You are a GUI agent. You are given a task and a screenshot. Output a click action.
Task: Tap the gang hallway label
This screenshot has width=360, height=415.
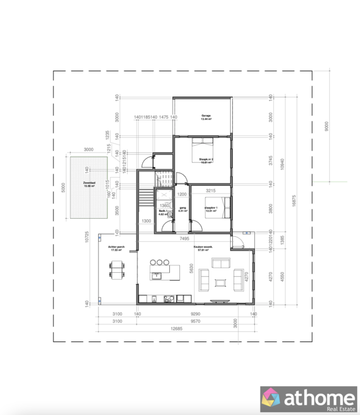pyautogui.click(x=182, y=209)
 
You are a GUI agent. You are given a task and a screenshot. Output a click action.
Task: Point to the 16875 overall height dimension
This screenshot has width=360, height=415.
pyautogui.click(x=293, y=204)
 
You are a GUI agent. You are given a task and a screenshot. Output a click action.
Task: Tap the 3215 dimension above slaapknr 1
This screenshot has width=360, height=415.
pyautogui.click(x=210, y=191)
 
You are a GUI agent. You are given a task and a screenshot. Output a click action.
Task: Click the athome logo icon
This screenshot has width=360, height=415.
pyautogui.click(x=271, y=398)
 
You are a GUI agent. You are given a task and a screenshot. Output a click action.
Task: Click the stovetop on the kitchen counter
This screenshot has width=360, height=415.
pyautogui.click(x=167, y=298)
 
